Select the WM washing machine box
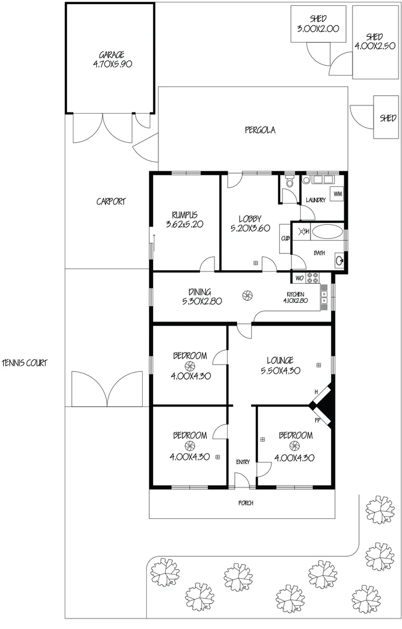click(337, 193)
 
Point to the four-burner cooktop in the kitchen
click(312, 278)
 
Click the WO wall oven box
click(299, 278)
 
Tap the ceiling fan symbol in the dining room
click(246, 296)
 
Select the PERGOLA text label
click(260, 130)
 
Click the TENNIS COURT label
click(24, 363)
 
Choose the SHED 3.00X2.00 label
click(318, 24)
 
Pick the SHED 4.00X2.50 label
click(375, 41)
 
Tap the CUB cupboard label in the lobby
click(285, 238)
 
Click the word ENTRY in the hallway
click(243, 462)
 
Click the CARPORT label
click(111, 202)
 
